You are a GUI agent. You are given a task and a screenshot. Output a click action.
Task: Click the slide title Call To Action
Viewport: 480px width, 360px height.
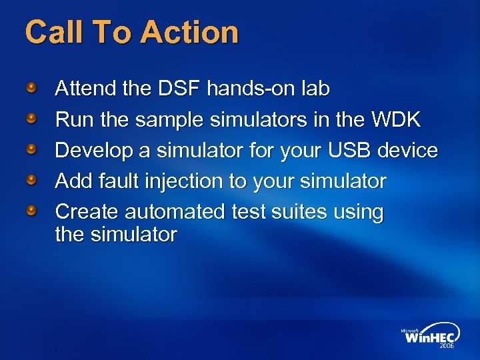coord(131,32)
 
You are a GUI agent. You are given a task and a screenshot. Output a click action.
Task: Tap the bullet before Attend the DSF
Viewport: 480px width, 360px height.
coord(32,88)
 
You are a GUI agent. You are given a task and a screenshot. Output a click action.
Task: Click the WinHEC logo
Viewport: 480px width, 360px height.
coord(430,337)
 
